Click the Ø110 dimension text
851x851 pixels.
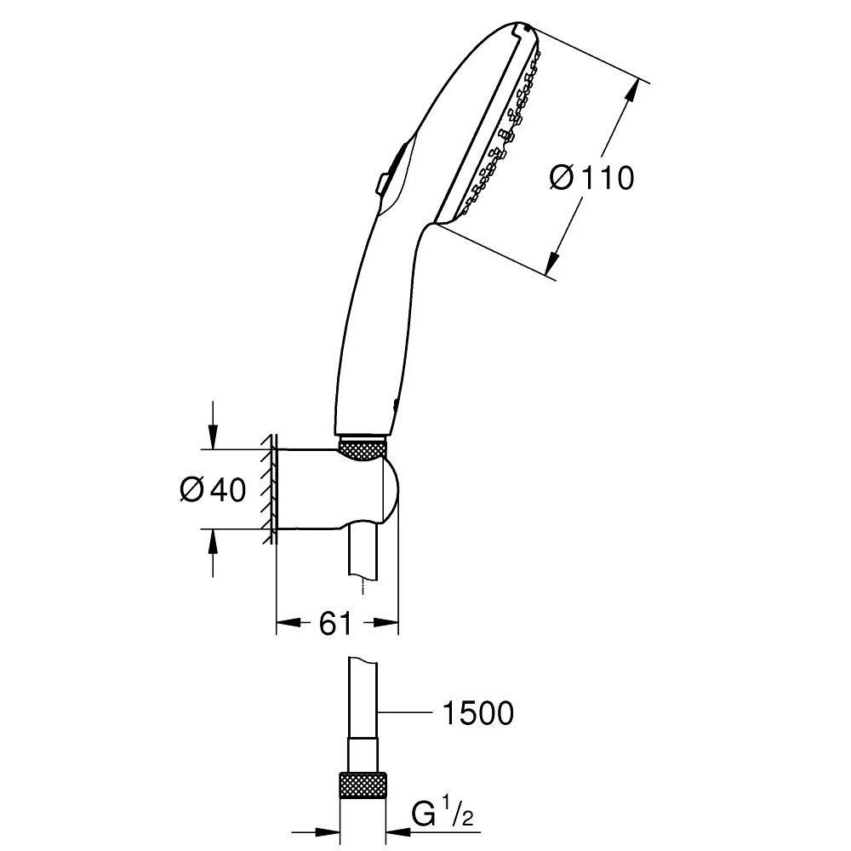[592, 178]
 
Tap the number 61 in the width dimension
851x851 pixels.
[335, 624]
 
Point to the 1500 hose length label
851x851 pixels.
[477, 713]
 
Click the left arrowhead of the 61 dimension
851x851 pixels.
[288, 624]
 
